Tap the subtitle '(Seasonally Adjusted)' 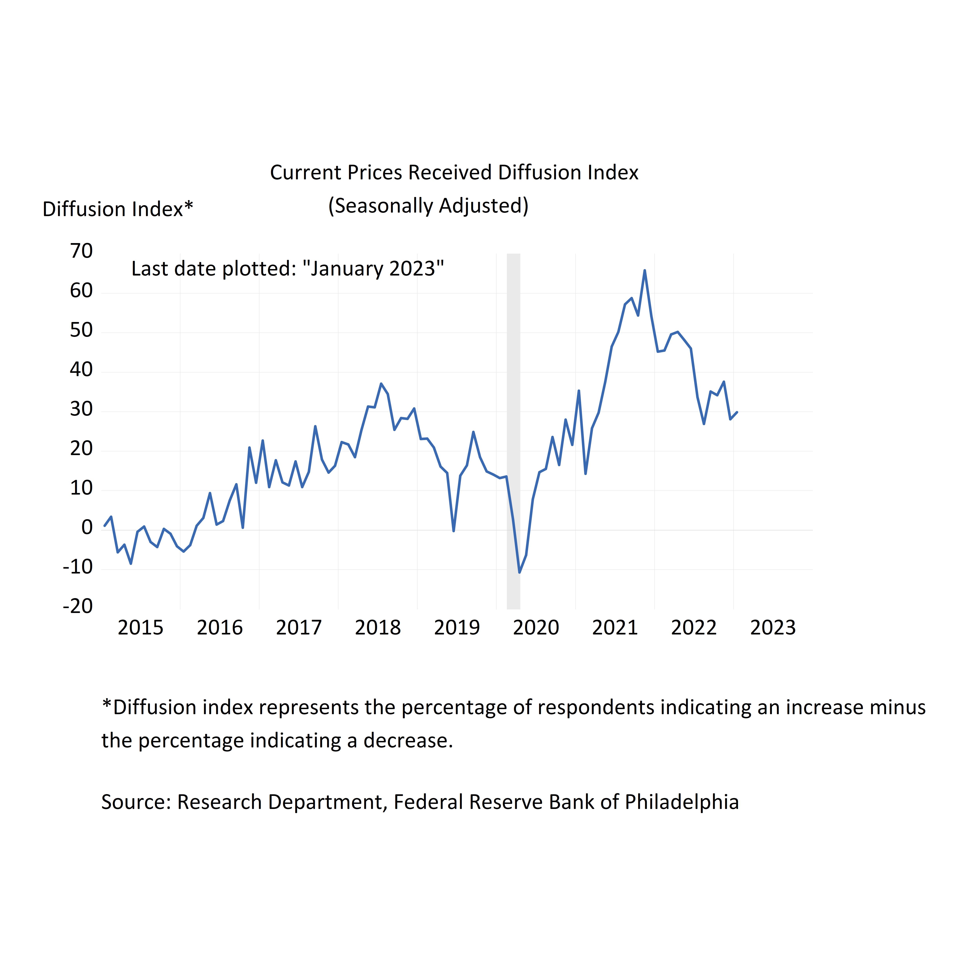[x=428, y=206]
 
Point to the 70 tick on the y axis [x=81, y=251]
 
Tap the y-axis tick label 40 [x=81, y=370]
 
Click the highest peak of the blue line [x=644, y=271]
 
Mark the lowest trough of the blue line [x=519, y=573]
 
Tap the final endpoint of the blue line [x=737, y=412]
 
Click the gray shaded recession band [x=513, y=430]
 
